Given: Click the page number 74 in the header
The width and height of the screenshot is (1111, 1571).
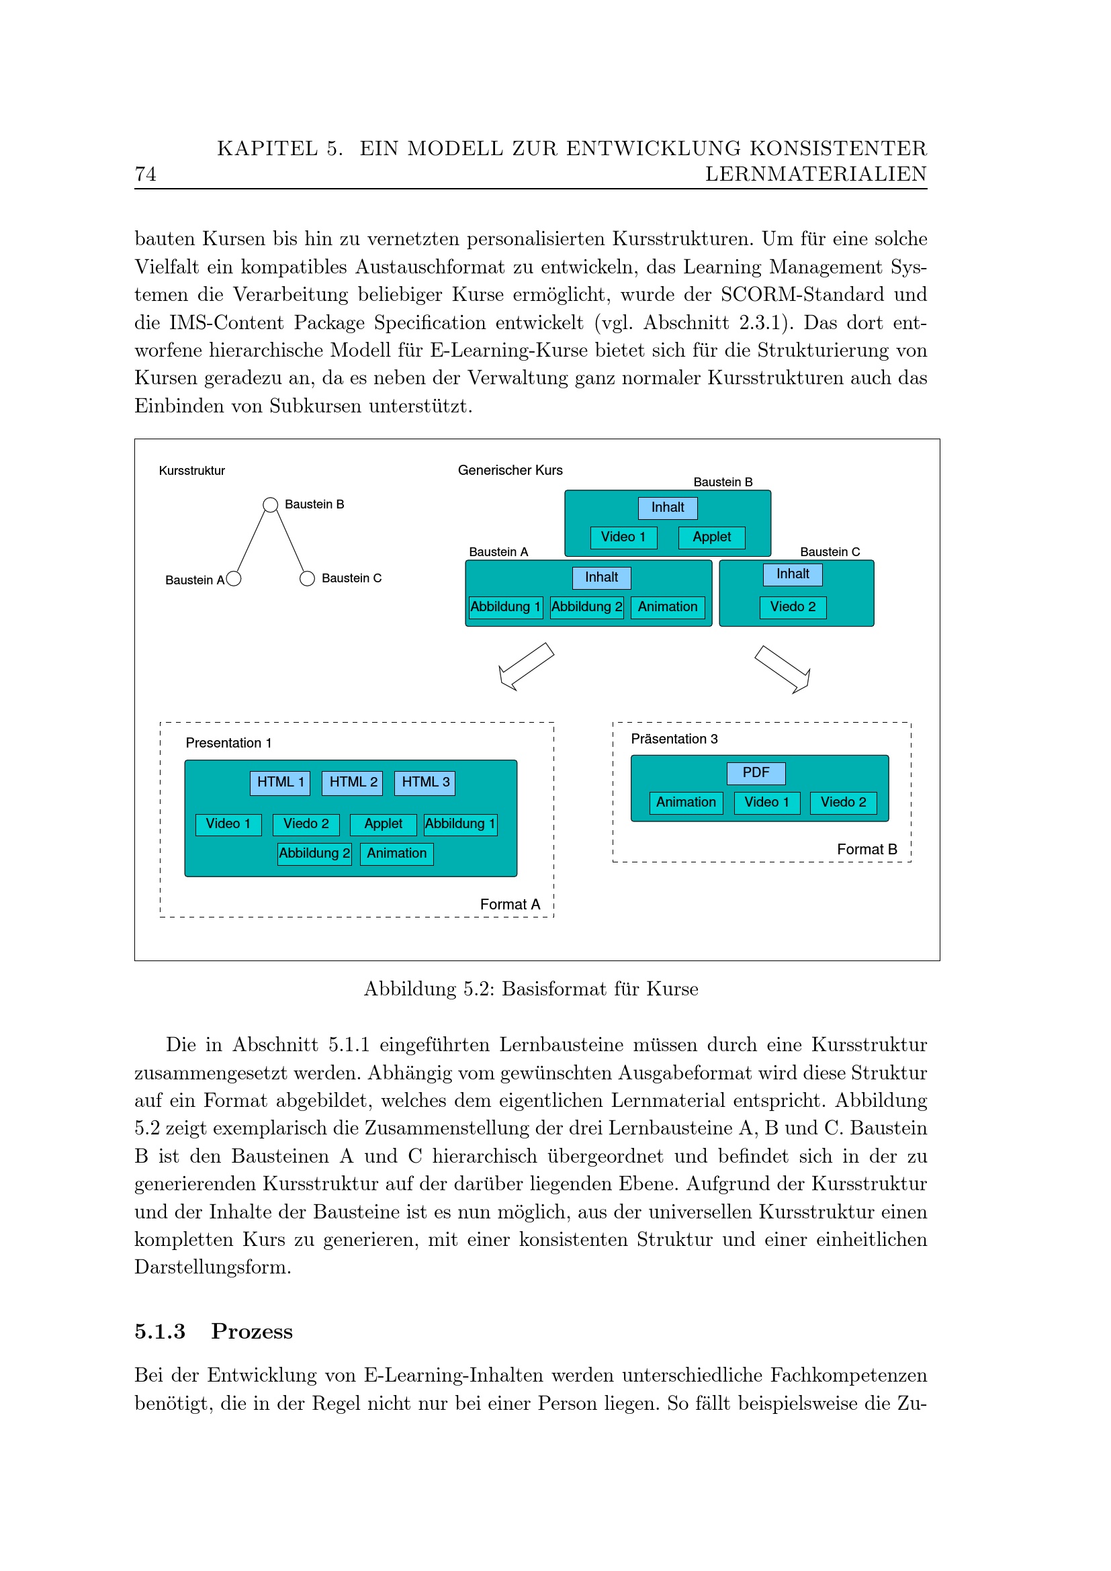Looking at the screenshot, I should coord(145,175).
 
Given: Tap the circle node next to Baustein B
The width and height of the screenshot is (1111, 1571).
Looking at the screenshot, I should coord(270,505).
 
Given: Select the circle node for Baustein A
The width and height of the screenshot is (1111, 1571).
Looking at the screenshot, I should coord(233,579).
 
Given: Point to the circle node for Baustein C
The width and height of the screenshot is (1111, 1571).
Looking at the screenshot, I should coord(307,579).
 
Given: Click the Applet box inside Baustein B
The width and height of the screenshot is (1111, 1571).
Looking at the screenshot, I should coord(711,537).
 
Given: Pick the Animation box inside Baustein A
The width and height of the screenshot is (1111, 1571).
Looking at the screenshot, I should coord(667,607).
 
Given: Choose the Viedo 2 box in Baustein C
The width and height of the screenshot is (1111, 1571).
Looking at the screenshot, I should coord(793,607).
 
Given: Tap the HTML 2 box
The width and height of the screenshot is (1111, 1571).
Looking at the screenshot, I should coord(353,782).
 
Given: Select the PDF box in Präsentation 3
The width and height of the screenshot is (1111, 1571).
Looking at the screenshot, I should coord(755,772).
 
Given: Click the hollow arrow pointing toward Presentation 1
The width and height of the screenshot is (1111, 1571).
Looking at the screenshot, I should coord(525,666).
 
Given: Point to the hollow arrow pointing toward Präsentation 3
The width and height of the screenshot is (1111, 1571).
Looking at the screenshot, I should coord(783,668).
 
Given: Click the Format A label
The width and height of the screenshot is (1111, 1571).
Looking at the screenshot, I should coord(510,905).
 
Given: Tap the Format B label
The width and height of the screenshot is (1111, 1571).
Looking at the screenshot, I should coord(866,849).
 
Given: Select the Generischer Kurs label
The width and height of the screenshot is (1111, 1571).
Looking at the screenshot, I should coord(510,470).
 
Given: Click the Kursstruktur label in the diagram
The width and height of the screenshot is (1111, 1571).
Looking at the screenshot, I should coord(191,471).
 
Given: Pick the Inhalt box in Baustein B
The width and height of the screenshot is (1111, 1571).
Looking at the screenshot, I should coord(667,508).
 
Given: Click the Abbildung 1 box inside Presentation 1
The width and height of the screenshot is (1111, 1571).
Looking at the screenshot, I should coord(459,824).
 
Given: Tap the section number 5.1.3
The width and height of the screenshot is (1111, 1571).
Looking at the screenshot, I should coord(159,1331).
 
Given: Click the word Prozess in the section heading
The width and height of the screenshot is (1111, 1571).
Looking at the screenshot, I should coord(252,1331).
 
